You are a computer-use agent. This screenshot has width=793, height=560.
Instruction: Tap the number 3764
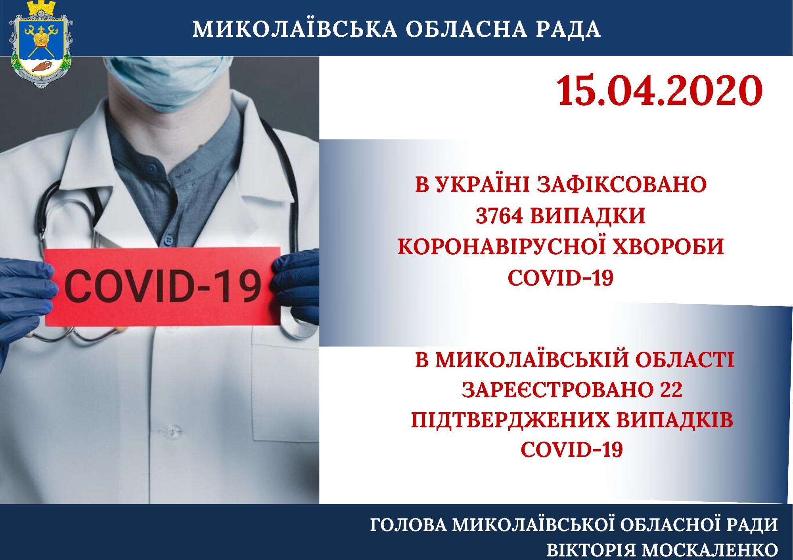499,216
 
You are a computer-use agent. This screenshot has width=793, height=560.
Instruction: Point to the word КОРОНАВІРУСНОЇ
502,246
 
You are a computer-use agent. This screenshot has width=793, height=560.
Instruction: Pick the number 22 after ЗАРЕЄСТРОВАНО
671,390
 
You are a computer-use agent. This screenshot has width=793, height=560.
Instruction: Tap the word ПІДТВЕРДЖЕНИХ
510,420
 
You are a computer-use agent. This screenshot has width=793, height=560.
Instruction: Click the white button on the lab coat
173,430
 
